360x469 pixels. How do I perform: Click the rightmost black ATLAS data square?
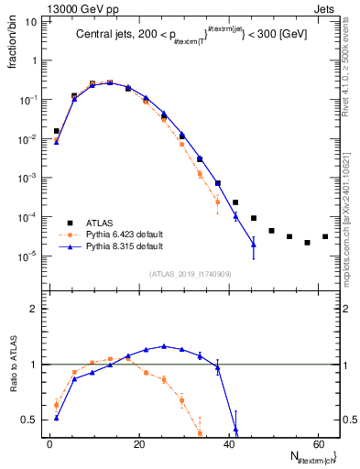tap(325, 236)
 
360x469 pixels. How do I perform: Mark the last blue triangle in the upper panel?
tap(254, 245)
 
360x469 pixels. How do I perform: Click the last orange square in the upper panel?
tap(217, 202)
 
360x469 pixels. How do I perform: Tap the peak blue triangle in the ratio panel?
tap(164, 346)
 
